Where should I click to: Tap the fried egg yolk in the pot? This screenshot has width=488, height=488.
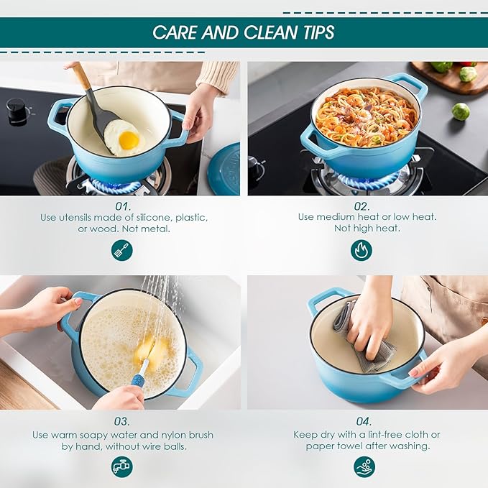(x=129, y=140)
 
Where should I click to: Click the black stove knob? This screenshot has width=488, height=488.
(x=17, y=111)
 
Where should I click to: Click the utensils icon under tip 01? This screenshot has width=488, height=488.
(x=122, y=249)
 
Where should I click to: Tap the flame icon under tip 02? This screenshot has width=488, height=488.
(x=361, y=249)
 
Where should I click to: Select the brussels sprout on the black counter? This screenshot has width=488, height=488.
(x=461, y=111)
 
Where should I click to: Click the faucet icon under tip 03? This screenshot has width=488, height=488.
(x=122, y=466)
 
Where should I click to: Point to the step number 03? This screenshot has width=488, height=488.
(x=122, y=421)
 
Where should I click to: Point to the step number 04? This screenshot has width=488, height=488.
(x=365, y=421)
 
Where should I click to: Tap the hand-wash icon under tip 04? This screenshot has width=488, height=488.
(x=365, y=466)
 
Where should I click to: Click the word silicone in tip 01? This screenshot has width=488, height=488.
(x=152, y=216)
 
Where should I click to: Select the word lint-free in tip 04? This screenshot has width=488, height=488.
(x=365, y=434)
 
